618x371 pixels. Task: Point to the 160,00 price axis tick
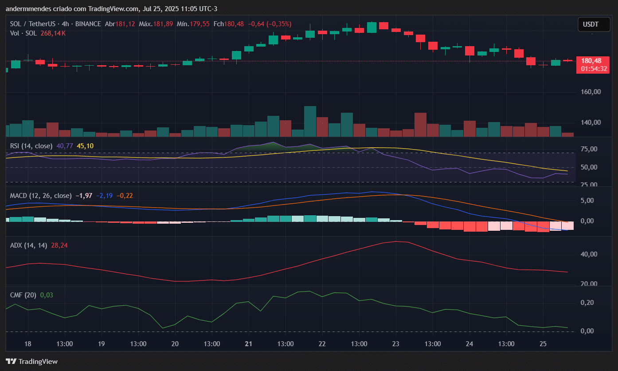click(591, 92)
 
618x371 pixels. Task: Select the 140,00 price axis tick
click(591, 122)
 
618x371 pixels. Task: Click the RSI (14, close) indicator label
click(31, 146)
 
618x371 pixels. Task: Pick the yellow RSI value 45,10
click(85, 146)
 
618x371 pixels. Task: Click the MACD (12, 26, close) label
click(41, 195)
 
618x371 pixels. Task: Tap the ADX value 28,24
click(59, 245)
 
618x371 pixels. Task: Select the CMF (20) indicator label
click(23, 295)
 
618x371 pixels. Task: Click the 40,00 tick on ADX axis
click(590, 254)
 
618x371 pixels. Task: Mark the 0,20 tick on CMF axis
click(587, 303)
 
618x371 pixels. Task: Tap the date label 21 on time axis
click(248, 344)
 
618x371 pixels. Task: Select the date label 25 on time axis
click(543, 344)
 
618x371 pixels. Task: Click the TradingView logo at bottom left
click(31, 361)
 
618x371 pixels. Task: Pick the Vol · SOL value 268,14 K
click(53, 33)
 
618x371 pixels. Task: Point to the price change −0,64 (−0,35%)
click(269, 24)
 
